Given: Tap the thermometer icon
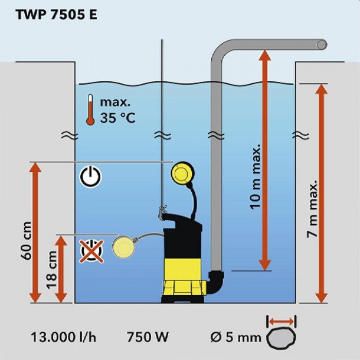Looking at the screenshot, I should [x=91, y=110].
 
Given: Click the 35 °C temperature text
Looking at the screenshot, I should [x=118, y=118].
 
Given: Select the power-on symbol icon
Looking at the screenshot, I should [x=91, y=177].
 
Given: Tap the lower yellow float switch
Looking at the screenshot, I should [x=124, y=246].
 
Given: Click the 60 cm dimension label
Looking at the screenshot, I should [x=27, y=241].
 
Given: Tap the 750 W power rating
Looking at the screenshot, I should [x=148, y=337].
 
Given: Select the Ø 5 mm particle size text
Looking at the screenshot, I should [x=236, y=338].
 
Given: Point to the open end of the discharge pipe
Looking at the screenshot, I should [x=322, y=45].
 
